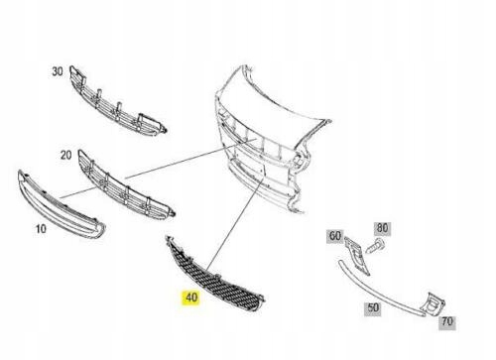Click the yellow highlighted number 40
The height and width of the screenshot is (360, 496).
pyautogui.click(x=188, y=297)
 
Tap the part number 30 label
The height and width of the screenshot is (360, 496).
pyautogui.click(x=57, y=71)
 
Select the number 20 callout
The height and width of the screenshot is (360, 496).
pyautogui.click(x=65, y=155)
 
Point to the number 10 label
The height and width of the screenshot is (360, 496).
pyautogui.click(x=41, y=227)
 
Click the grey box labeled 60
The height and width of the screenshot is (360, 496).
pyautogui.click(x=335, y=236)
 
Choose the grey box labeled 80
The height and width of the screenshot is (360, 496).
pyautogui.click(x=383, y=228)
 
